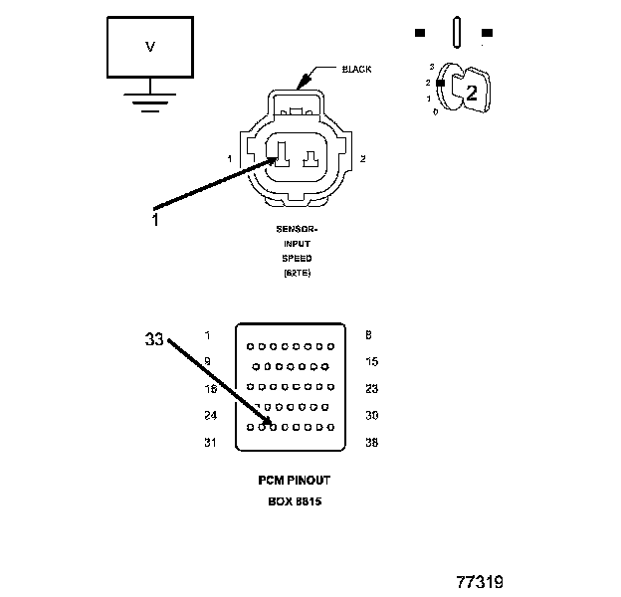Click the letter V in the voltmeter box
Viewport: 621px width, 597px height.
coord(151,47)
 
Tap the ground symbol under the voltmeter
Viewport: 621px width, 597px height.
coord(150,101)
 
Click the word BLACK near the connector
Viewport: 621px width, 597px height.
coord(357,70)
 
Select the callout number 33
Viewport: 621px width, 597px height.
coord(153,339)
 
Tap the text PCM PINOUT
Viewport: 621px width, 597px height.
coord(295,480)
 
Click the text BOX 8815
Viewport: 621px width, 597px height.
coord(295,501)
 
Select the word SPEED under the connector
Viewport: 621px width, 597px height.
coord(295,258)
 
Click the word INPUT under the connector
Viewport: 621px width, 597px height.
coord(295,243)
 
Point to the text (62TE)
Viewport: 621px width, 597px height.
coord(296,273)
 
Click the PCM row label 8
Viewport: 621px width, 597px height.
coord(369,335)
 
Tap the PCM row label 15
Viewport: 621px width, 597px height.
coord(372,362)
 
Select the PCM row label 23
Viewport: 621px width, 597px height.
coord(372,389)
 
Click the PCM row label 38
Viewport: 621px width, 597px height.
coord(372,443)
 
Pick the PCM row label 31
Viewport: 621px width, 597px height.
coord(210,443)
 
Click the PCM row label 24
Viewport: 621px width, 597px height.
coord(210,416)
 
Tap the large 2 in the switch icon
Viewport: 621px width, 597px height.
coord(472,94)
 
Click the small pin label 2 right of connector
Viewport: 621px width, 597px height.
coord(363,159)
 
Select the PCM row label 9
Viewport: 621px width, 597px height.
coord(207,362)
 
